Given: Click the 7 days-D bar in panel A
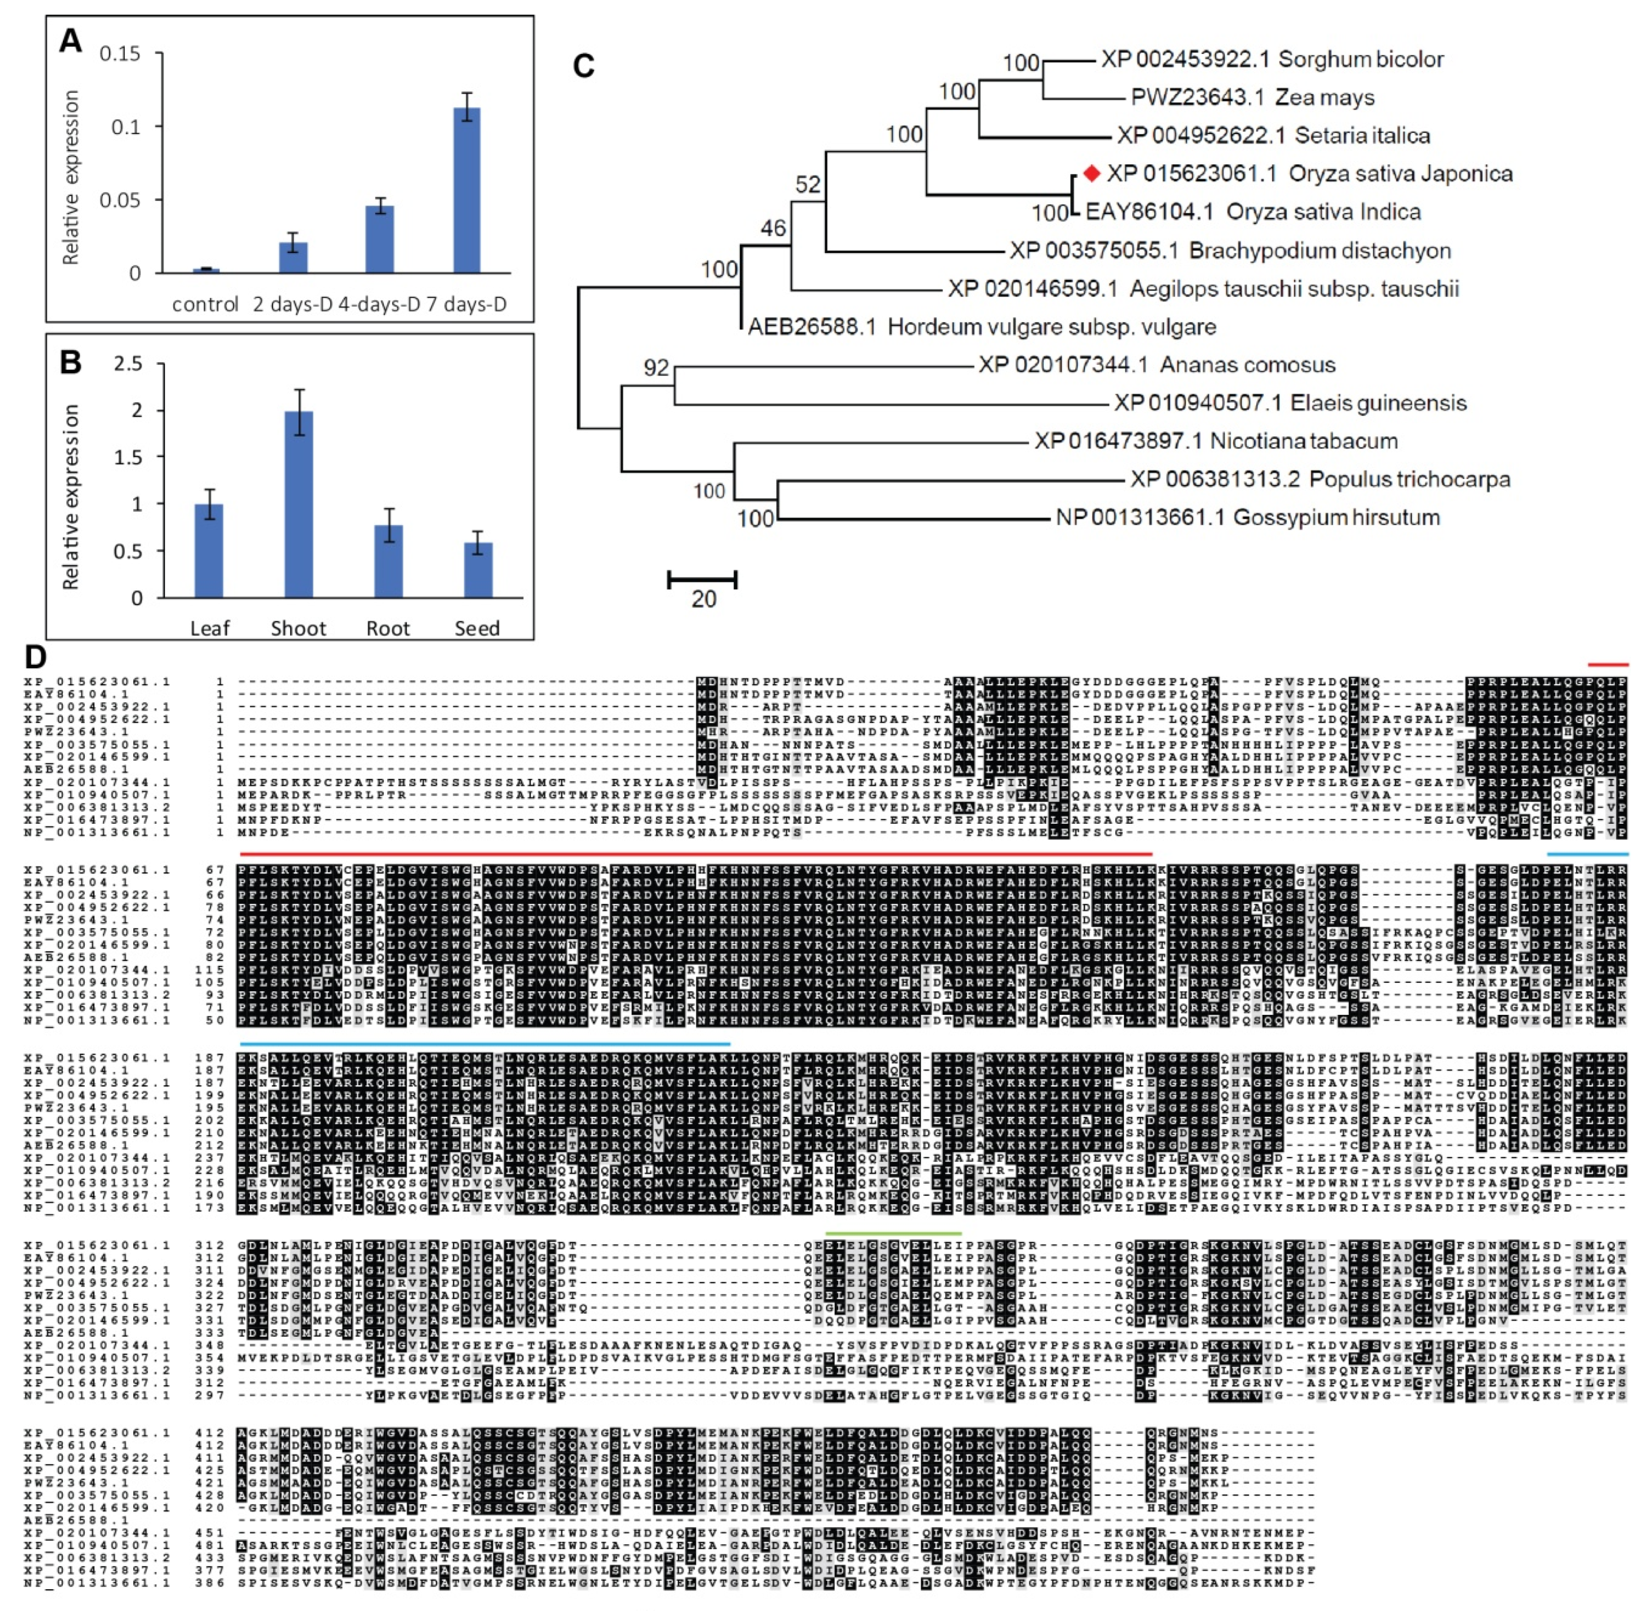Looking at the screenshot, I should click(466, 191).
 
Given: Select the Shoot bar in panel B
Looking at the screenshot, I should click(299, 504).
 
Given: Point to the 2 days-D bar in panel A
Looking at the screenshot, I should click(293, 257).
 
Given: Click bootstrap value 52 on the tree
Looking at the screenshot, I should click(808, 185).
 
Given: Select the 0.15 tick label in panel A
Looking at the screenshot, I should click(120, 54).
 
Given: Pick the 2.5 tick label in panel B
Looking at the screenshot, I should click(129, 364).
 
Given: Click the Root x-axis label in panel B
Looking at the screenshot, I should click(388, 628).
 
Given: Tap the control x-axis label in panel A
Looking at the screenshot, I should click(205, 304).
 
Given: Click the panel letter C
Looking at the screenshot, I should click(583, 66).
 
